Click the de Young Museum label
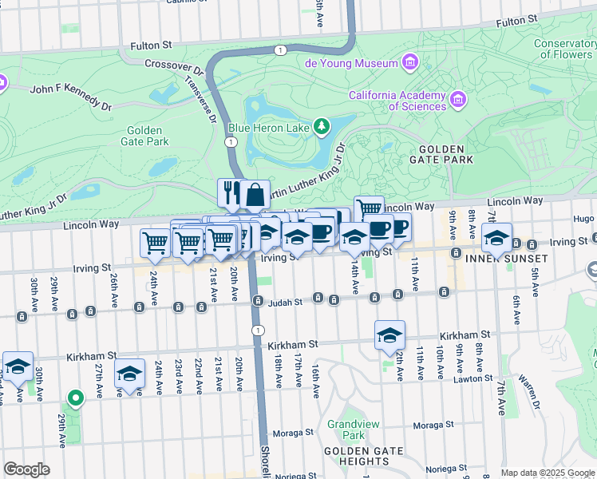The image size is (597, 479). (x=350, y=63)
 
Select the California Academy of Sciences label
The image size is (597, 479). (x=397, y=101)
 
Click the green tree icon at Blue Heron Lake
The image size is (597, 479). (x=321, y=125)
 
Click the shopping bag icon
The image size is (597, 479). (x=255, y=193)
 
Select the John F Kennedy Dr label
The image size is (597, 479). (x=71, y=97)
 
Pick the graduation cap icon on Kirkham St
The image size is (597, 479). (x=389, y=335)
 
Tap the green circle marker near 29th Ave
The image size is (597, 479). (x=75, y=397)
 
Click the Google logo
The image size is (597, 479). (x=26, y=469)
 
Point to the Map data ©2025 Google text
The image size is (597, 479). (x=548, y=473)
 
